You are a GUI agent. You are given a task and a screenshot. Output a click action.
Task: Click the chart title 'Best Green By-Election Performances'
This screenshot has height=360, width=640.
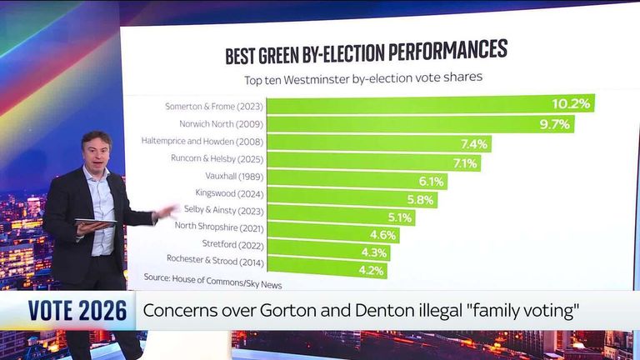(x=366, y=52)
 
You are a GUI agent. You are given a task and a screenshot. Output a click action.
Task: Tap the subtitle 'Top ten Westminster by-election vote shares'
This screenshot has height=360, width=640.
(x=364, y=79)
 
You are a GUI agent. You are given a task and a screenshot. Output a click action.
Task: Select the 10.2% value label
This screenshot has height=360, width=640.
(x=571, y=104)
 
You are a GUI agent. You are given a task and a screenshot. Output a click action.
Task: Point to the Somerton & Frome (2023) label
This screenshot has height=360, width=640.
(x=215, y=106)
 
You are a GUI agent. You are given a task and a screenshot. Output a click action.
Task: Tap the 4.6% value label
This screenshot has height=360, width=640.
(x=382, y=236)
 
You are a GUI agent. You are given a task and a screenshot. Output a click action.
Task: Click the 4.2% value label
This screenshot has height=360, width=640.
(x=371, y=270)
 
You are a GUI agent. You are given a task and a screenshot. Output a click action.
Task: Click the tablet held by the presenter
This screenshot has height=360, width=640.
(x=95, y=222)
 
